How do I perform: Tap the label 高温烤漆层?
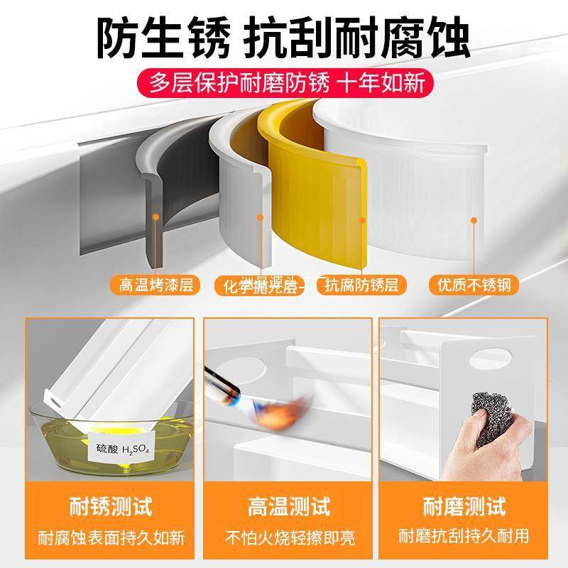point(156,285)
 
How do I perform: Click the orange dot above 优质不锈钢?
point(474,220)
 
